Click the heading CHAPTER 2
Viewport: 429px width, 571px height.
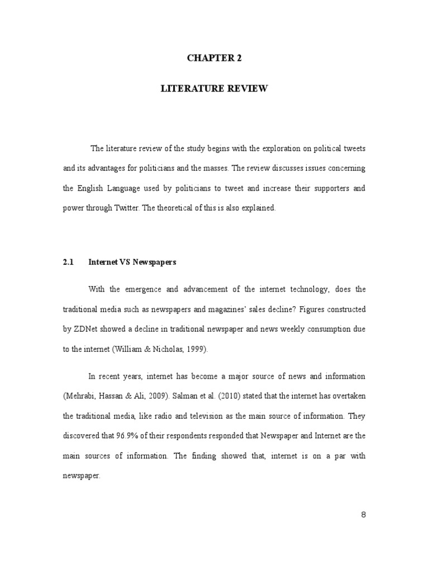tap(214, 59)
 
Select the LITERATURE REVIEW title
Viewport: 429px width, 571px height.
tap(214, 89)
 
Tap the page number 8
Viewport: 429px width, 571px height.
tap(363, 515)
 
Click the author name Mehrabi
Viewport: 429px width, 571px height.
tap(78, 395)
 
